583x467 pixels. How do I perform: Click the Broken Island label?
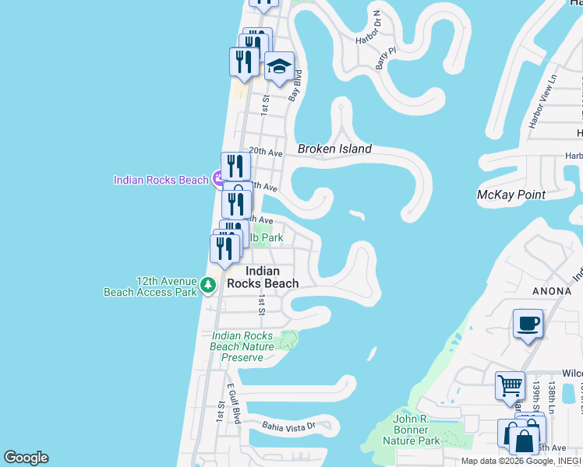pyautogui.click(x=334, y=149)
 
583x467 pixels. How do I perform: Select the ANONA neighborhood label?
pyautogui.click(x=552, y=291)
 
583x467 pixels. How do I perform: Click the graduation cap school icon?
pyautogui.click(x=279, y=67)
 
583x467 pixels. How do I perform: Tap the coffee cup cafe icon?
pyautogui.click(x=528, y=323)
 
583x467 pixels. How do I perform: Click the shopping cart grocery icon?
pyautogui.click(x=510, y=385)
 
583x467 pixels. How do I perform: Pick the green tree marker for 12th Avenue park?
pyautogui.click(x=208, y=286)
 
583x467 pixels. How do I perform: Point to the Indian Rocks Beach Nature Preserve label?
pyautogui.click(x=242, y=346)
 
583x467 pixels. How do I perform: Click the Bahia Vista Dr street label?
pyautogui.click(x=288, y=426)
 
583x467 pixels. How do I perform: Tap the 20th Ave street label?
pyautogui.click(x=265, y=153)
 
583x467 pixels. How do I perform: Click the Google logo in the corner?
pyautogui.click(x=26, y=458)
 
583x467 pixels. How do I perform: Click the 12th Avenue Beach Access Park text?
pyautogui.click(x=150, y=286)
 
